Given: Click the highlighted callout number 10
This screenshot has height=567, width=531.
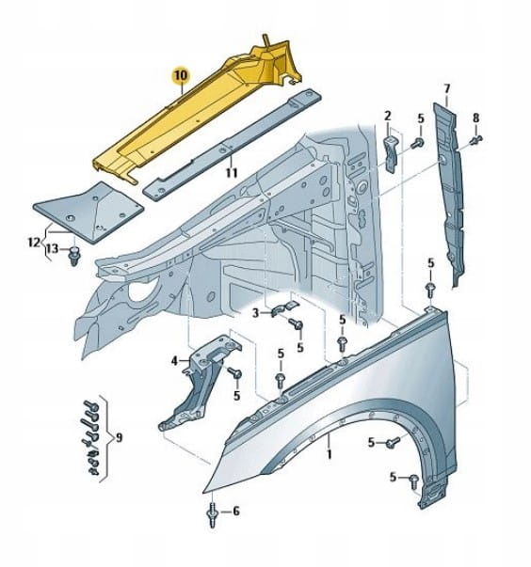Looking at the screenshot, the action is coord(181,75).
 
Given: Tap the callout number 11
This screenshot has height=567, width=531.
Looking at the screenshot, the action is coord(232,173).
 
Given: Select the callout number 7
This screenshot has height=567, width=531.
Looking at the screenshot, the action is coord(446,88).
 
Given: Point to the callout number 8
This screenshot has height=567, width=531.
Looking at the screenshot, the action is coord(475,118).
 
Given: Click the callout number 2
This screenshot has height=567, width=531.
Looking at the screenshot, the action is coord(388,116).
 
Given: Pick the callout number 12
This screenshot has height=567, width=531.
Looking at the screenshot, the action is coord(34,242).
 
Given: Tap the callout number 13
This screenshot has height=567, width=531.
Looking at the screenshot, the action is coord(53,249).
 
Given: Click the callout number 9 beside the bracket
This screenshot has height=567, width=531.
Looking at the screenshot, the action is coord(119,437).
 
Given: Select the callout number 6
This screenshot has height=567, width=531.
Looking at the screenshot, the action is coord(235,511).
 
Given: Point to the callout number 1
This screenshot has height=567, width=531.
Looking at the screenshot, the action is coord(329,454).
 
